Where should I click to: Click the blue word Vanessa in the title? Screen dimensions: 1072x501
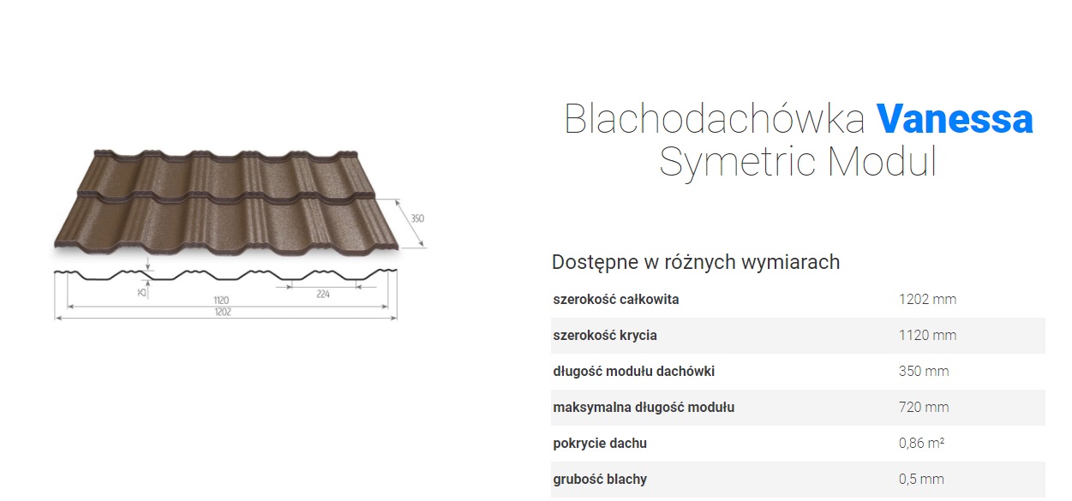click(x=955, y=119)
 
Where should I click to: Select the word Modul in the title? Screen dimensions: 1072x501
click(x=882, y=161)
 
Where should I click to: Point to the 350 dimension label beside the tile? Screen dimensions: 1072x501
click(x=417, y=218)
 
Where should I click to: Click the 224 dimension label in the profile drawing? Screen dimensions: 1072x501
click(x=323, y=295)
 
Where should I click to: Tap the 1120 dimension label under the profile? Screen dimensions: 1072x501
click(x=221, y=301)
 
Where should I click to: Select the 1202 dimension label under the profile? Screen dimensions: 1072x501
click(x=223, y=312)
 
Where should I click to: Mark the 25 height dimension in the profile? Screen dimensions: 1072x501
click(x=141, y=291)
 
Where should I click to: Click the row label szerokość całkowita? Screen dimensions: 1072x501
click(x=616, y=300)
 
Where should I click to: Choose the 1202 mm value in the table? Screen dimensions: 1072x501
click(x=927, y=300)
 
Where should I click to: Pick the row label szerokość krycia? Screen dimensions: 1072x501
click(x=605, y=336)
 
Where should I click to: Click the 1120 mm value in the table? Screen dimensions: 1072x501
click(x=927, y=336)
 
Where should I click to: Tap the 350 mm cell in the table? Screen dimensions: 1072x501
click(x=924, y=372)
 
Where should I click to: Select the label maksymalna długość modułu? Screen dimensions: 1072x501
click(x=644, y=407)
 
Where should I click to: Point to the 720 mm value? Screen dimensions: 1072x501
click(x=924, y=407)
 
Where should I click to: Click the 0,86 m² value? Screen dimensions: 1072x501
click(x=921, y=443)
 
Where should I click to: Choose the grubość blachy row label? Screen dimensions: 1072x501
click(x=600, y=479)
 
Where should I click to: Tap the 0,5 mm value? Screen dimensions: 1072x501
click(x=921, y=479)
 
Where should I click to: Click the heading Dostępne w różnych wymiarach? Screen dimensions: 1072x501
click(x=696, y=262)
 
